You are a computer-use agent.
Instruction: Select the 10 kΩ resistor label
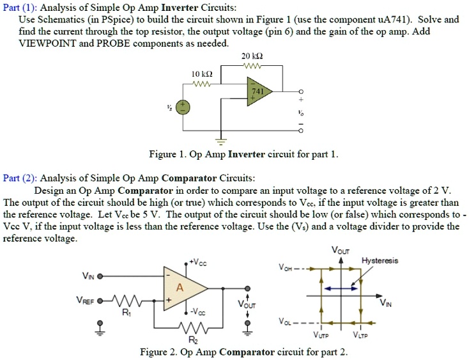201,74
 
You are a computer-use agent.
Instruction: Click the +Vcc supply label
201,263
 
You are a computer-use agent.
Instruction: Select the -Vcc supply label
201,312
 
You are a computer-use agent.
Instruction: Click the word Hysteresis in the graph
379,260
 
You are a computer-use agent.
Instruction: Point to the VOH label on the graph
286,269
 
